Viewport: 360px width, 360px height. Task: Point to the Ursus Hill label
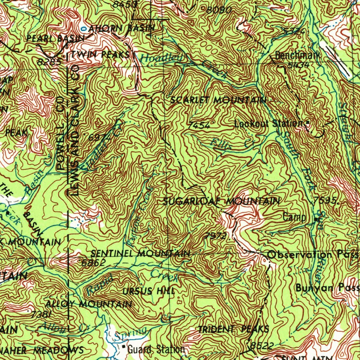tap(148, 291)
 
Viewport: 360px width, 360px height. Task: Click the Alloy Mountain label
tap(89, 304)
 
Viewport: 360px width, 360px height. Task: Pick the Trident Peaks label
tap(234, 329)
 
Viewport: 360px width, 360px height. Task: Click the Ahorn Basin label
tap(121, 28)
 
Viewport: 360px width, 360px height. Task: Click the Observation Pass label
tap(313, 254)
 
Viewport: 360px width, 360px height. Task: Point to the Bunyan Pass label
tap(327, 288)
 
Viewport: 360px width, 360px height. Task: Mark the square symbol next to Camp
tap(317, 219)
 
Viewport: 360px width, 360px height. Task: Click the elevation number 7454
tap(199, 125)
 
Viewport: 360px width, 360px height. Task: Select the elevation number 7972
tap(215, 236)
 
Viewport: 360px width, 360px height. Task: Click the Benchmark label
tap(297, 56)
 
